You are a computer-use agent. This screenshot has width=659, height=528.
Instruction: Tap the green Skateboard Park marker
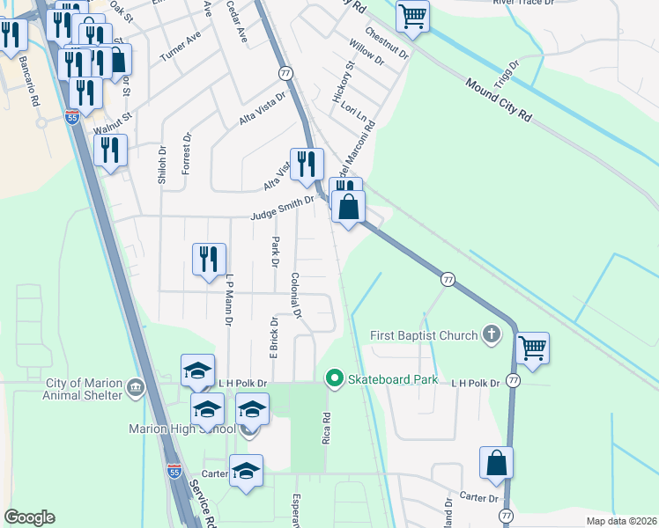click(334, 379)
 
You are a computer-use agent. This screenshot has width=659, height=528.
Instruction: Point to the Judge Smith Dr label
click(282, 208)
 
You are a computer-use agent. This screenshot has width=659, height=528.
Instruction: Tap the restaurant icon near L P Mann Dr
click(209, 259)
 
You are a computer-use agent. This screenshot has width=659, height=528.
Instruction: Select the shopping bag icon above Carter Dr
click(497, 462)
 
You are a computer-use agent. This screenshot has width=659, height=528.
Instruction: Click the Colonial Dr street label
click(297, 295)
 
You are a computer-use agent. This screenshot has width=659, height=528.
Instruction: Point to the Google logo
click(29, 517)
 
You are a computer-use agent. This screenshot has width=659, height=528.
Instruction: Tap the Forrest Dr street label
click(187, 154)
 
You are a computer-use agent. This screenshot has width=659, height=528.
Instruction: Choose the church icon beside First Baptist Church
click(492, 334)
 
